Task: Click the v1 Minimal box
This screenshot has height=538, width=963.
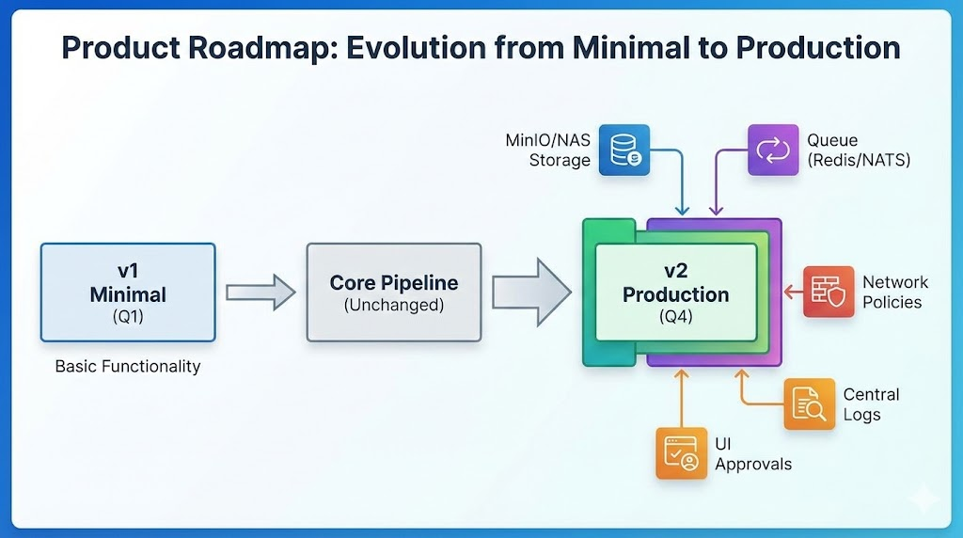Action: [128, 293]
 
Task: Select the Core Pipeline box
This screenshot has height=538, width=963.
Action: [394, 293]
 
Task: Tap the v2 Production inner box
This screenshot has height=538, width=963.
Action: [676, 293]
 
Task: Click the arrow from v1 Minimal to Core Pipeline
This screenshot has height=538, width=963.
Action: [260, 293]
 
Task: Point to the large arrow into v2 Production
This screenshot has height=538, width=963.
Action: [531, 293]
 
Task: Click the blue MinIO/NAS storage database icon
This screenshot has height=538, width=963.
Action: [624, 150]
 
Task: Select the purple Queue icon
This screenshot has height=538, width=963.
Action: [773, 150]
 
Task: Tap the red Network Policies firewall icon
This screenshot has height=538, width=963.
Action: [829, 292]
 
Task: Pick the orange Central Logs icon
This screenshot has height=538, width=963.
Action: [810, 403]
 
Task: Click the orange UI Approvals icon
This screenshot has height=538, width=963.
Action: [681, 453]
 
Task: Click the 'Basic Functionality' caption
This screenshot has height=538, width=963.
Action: [128, 367]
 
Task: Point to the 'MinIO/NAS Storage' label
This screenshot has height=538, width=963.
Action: [548, 150]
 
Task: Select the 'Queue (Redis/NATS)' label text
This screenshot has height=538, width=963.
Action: [859, 150]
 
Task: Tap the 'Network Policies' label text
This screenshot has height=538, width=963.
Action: [895, 292]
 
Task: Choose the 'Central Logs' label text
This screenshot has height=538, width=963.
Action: [871, 404]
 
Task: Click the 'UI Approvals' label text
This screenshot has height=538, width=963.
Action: [753, 454]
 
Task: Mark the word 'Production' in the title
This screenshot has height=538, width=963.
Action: [818, 47]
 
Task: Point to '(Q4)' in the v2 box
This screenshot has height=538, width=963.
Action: [676, 317]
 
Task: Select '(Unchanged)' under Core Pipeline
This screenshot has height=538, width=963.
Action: [394, 306]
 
